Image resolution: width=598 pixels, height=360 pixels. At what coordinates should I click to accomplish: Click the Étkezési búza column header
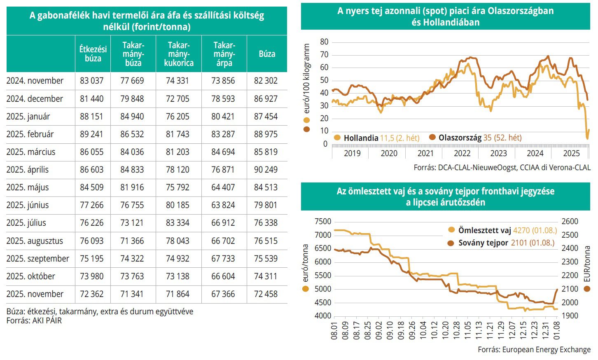coord(93,54)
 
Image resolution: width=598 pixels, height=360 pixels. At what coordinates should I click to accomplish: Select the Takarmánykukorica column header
coord(179,54)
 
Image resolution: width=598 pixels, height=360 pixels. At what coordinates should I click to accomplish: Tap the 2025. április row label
coord(28,170)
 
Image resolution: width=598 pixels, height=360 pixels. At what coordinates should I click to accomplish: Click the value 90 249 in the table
coord(266,170)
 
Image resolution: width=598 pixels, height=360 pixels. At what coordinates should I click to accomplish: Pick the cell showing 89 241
coord(92,134)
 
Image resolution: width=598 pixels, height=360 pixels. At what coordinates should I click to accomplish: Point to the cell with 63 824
coord(223,205)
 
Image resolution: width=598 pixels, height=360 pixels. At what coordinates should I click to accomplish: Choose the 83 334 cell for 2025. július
coord(178,223)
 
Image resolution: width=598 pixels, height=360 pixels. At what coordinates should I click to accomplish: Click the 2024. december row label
coord(35,99)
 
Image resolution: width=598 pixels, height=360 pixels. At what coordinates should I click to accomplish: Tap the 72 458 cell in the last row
coord(266,294)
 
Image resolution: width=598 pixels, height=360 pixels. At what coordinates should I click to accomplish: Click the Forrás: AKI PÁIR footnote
coord(34,320)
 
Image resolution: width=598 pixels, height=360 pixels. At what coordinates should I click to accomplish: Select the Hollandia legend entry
coord(377,138)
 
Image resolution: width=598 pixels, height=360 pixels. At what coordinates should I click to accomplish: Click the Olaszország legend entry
coord(475,138)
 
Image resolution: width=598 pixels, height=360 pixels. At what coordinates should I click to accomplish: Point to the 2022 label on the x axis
coord(462,154)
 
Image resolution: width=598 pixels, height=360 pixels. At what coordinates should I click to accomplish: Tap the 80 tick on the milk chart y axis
coord(324,42)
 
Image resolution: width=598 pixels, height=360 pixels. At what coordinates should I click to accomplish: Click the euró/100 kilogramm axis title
coord(306,79)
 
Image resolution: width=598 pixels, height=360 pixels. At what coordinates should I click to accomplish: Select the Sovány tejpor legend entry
coord(501,243)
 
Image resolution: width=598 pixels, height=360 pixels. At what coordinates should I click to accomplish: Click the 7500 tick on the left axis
coord(323,222)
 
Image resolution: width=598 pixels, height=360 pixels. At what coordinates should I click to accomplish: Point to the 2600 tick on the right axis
coord(570,222)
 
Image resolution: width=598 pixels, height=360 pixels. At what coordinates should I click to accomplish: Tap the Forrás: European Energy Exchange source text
coord(534,350)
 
